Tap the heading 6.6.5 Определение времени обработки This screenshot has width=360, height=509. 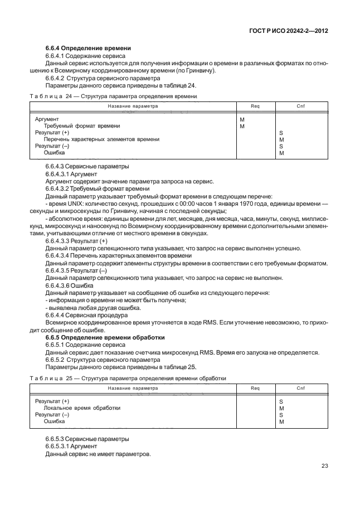pyautogui.click(x=105, y=338)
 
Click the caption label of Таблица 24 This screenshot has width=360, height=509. pyautogui.click(x=51, y=96)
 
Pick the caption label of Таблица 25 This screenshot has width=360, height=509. pyautogui.click(x=51, y=379)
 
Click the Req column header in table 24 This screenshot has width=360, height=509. pyautogui.click(x=256, y=106)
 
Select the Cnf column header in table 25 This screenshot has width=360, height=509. pyautogui.click(x=301, y=388)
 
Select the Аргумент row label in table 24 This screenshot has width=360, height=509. pyautogui.click(x=47, y=120)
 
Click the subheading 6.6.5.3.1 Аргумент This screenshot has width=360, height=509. pyautogui.click(x=71, y=447)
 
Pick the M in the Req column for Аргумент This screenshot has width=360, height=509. pyautogui.click(x=242, y=120)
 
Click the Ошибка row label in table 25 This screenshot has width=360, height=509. pyautogui.click(x=54, y=421)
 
